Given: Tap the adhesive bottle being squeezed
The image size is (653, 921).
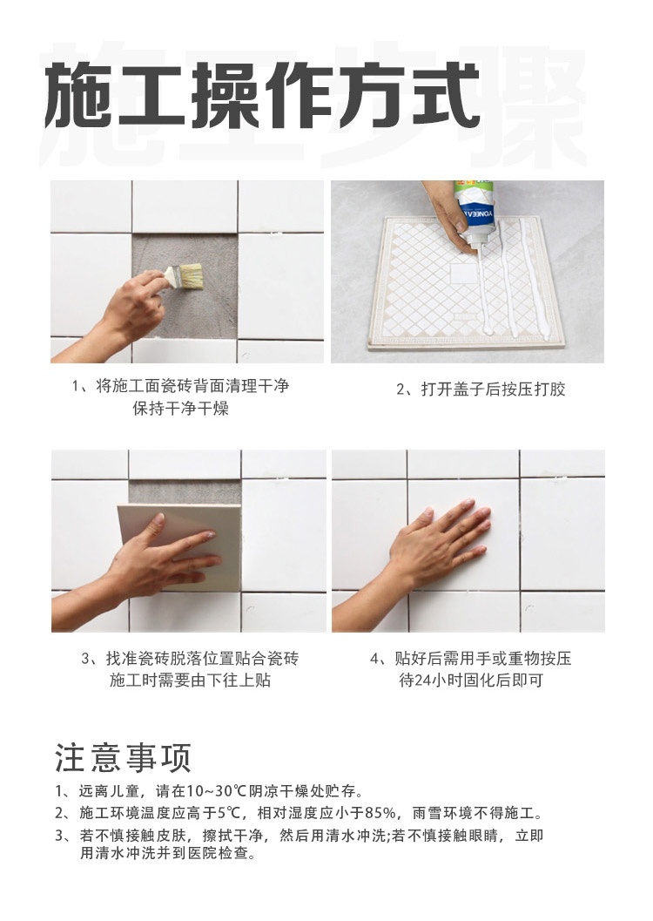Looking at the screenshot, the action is pyautogui.click(x=475, y=214).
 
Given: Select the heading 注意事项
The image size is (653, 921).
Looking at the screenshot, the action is pyautogui.click(x=124, y=758).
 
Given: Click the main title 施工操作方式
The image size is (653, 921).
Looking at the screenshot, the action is pyautogui.click(x=262, y=96).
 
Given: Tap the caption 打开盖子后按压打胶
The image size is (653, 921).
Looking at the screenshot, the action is pyautogui.click(x=481, y=389).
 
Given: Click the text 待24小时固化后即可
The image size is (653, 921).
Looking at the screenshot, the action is pyautogui.click(x=471, y=681).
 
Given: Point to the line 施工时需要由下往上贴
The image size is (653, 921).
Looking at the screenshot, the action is pyautogui.click(x=190, y=681).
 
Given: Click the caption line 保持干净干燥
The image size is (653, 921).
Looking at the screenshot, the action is pyautogui.click(x=181, y=409).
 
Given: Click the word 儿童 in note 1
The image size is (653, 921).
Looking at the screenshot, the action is pyautogui.click(x=125, y=791).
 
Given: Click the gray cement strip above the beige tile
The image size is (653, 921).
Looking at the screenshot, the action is pyautogui.click(x=185, y=491).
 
